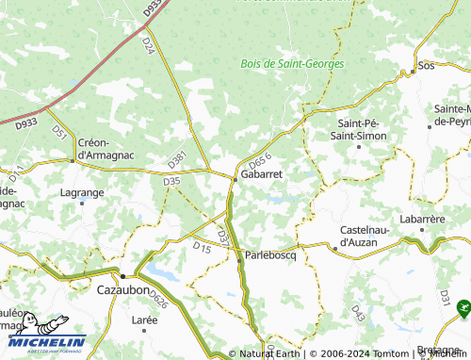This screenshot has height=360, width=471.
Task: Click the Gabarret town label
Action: pyautogui.click(x=261, y=175)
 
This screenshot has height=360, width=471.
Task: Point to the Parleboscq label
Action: pyautogui.click(x=270, y=255)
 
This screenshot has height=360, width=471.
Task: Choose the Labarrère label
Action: pyautogui.click(x=421, y=220)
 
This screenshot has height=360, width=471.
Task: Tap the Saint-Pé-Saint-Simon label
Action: pyautogui.click(x=362, y=130)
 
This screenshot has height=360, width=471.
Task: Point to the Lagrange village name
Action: pyautogui.click(x=82, y=192)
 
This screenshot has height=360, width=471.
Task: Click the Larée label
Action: pyautogui.click(x=144, y=320)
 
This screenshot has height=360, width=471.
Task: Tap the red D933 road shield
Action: pyautogui.click(x=26, y=122)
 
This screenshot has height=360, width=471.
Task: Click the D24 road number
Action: pyautogui.click(x=148, y=44)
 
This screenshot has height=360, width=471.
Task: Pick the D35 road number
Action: pyautogui.click(x=171, y=181)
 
